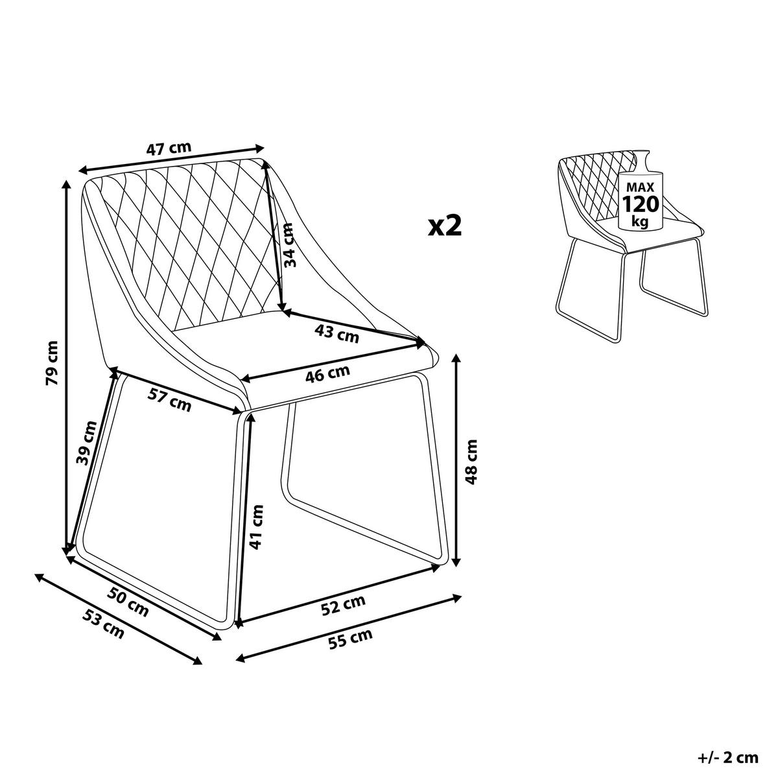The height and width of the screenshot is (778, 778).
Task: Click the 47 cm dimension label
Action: (x=169, y=149)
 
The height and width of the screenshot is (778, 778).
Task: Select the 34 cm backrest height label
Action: (x=289, y=245)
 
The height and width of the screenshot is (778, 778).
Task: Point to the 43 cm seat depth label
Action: (x=336, y=334)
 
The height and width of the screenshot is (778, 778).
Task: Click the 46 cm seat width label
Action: (x=327, y=374)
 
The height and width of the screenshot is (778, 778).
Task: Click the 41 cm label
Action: (x=256, y=527)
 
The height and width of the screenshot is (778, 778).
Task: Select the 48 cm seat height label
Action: (x=471, y=462)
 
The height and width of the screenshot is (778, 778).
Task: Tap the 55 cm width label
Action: (x=351, y=641)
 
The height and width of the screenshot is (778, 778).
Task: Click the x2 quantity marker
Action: (x=445, y=226)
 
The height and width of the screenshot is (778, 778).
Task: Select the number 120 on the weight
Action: (x=641, y=204)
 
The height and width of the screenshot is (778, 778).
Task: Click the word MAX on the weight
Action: (x=641, y=187)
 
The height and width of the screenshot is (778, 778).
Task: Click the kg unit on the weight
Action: (x=641, y=222)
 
